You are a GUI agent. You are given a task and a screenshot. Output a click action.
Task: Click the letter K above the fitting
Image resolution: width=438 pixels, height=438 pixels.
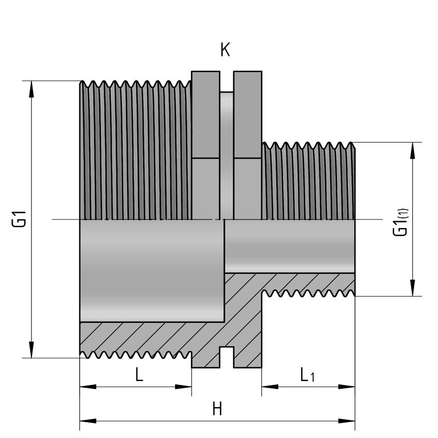click(x=225, y=51)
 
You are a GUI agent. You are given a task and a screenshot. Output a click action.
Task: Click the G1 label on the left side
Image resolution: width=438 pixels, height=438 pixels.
click(x=21, y=219)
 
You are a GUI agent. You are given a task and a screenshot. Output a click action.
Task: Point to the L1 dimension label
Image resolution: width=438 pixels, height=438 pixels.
click(x=306, y=375)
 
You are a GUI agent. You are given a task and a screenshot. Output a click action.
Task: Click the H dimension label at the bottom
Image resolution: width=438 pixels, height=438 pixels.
click(x=217, y=409)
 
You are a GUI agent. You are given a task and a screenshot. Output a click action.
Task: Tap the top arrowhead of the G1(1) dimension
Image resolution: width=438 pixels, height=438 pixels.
click(x=412, y=149)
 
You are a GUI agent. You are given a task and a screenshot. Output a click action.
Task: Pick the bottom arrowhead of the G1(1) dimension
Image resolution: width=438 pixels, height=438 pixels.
click(x=412, y=289)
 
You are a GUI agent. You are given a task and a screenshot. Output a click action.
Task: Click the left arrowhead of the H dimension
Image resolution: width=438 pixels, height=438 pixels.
click(x=87, y=421)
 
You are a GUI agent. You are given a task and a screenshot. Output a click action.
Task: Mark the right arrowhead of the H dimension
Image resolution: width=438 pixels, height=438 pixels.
click(x=347, y=421)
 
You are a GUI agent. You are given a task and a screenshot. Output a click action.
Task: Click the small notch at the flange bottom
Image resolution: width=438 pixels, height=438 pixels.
click(x=226, y=356)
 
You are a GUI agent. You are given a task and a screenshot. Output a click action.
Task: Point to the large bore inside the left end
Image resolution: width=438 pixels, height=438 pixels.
click(x=151, y=271)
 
